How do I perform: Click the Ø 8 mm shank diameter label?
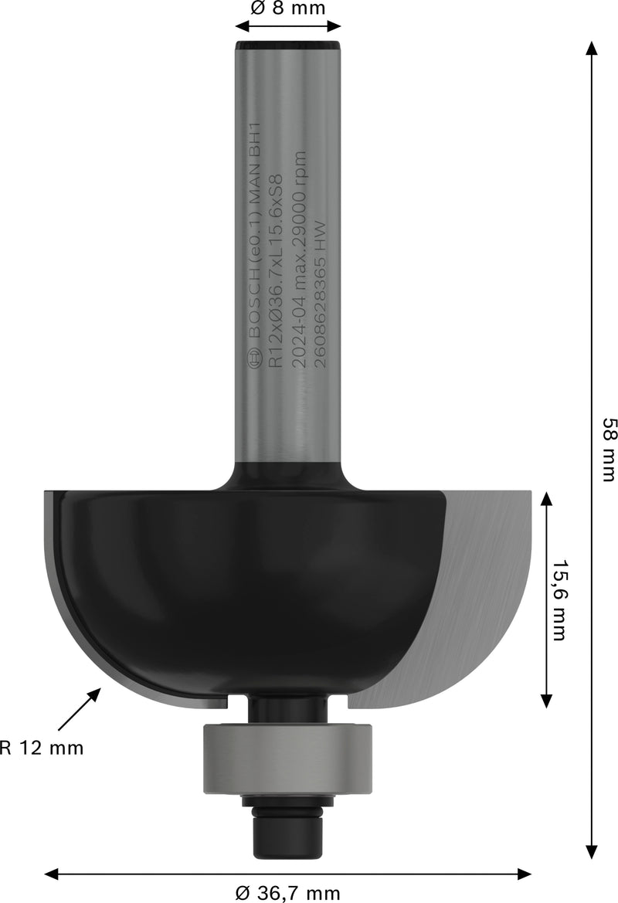pyautogui.click(x=288, y=10)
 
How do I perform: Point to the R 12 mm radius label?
pyautogui.click(x=42, y=748)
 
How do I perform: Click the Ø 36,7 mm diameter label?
pyautogui.click(x=288, y=894)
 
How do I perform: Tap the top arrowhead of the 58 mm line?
pyautogui.click(x=592, y=48)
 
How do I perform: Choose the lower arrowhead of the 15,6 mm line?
pyautogui.click(x=546, y=700)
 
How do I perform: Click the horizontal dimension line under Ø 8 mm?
pyautogui.click(x=288, y=26)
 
